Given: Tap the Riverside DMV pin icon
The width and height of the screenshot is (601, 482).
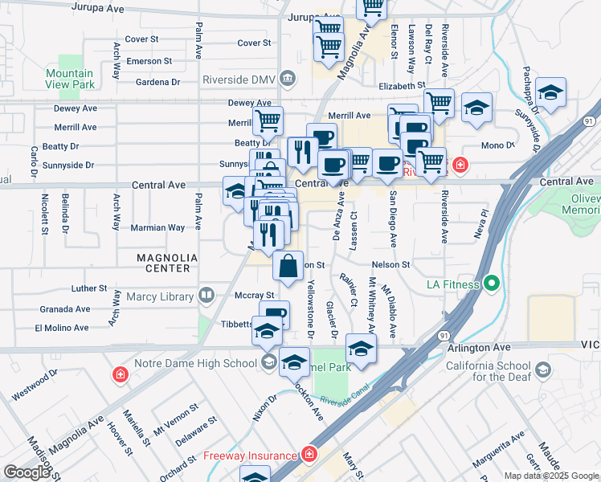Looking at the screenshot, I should (289, 78).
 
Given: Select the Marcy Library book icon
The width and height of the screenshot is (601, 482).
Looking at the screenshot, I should (207, 296).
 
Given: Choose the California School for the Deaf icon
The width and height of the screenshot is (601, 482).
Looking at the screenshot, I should (544, 370).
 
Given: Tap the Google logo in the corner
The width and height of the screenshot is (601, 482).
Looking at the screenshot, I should (27, 472).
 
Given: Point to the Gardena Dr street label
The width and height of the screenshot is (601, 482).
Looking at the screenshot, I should (145, 82).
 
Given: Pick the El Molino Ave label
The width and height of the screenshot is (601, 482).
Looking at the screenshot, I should (61, 328).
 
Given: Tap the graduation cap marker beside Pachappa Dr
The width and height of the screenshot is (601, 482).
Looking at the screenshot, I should (550, 92).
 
